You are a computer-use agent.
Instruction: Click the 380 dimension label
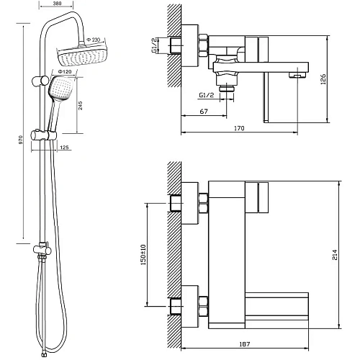click(x=56, y=3)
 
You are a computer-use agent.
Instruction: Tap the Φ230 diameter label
click(x=94, y=40)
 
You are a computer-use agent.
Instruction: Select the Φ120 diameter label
click(x=65, y=71)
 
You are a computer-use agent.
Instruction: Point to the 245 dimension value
click(x=81, y=105)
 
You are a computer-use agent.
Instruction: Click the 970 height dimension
click(x=21, y=140)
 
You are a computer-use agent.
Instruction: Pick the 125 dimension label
click(x=64, y=148)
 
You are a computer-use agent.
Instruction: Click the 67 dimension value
click(x=204, y=112)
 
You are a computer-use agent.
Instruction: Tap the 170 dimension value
click(x=239, y=128)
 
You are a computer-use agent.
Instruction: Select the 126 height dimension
click(x=323, y=79)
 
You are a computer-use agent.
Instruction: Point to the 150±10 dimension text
click(x=143, y=255)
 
